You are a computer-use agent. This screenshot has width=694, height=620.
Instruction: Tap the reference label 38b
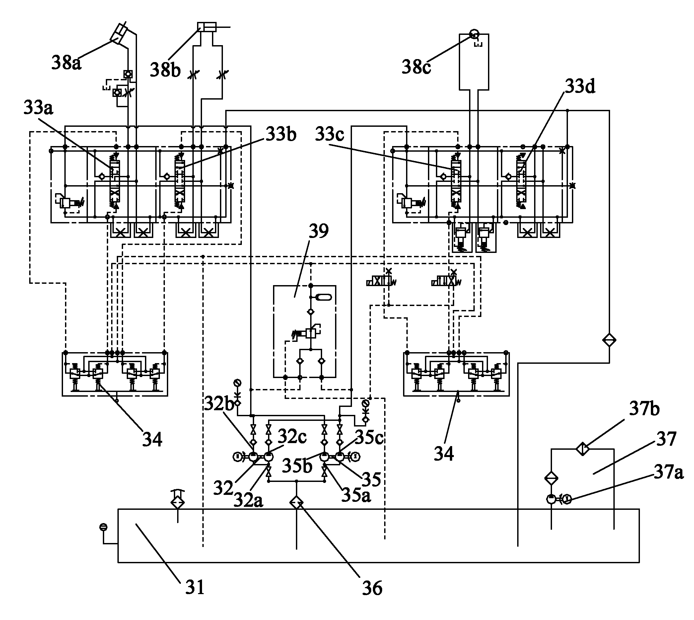(165, 70)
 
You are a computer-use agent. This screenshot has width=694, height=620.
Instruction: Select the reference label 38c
(416, 67)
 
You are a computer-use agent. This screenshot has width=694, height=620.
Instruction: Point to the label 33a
(38, 108)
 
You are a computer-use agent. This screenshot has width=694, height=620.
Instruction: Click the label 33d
(580, 87)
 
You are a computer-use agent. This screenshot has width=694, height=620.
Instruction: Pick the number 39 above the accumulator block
(318, 231)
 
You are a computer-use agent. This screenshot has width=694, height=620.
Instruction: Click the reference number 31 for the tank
(194, 587)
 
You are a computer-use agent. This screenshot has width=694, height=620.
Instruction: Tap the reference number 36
(372, 588)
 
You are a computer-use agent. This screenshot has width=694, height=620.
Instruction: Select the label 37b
(644, 409)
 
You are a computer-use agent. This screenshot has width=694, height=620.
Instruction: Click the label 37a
(669, 473)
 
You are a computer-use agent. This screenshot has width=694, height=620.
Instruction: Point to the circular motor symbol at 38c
(474, 34)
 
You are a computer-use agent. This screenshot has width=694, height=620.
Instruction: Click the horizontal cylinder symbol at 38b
(207, 27)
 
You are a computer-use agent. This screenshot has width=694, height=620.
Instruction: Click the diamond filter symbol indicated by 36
(296, 503)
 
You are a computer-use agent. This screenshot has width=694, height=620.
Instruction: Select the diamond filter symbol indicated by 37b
(583, 449)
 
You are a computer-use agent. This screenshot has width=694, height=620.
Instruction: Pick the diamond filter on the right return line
(609, 340)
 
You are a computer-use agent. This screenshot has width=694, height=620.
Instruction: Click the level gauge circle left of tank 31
(103, 527)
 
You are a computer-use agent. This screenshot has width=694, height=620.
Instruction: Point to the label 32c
(292, 436)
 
